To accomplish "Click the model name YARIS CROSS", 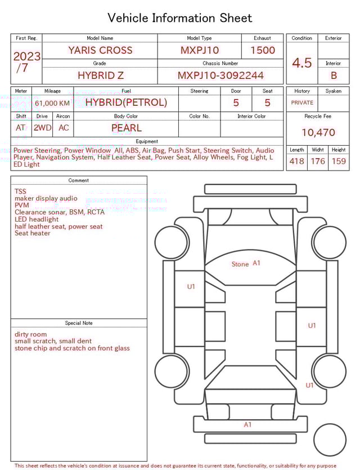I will [x=100, y=50].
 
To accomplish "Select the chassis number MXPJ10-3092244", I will [x=220, y=75].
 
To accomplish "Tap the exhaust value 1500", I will [x=263, y=50].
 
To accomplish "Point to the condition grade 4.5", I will [x=302, y=62].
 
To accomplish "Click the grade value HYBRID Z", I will [x=100, y=75].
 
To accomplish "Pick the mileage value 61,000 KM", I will [x=52, y=103].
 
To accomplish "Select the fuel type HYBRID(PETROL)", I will [x=126, y=102].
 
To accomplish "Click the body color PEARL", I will [x=126, y=128].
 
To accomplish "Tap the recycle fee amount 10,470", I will [x=318, y=132].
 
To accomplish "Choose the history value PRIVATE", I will [x=302, y=103].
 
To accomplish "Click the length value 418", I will [x=296, y=162].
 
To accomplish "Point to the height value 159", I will [x=339, y=162].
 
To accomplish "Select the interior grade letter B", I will [x=334, y=75].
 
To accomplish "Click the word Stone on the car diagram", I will [x=240, y=264].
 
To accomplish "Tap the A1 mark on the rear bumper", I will [x=247, y=425].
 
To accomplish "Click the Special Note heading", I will [x=79, y=323].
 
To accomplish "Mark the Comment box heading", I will [x=79, y=181].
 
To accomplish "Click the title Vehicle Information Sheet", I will [x=180, y=18].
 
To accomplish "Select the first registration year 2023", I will [x=26, y=56].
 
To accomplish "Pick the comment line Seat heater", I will [x=33, y=233].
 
